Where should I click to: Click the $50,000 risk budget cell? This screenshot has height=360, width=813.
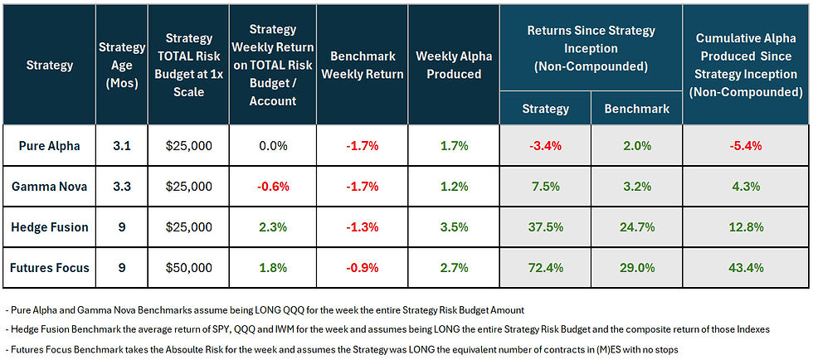188,269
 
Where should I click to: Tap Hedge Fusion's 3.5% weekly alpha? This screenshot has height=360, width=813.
454,228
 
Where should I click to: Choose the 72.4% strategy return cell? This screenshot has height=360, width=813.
544,269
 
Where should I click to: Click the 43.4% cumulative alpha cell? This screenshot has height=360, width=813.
746,269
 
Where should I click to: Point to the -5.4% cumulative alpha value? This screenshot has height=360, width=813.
746,145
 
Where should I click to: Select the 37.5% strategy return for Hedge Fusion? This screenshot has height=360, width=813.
544,228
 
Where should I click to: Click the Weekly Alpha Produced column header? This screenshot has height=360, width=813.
454,65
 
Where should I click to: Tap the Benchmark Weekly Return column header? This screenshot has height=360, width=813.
362,65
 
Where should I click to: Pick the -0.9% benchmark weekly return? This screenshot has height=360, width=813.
362,269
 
